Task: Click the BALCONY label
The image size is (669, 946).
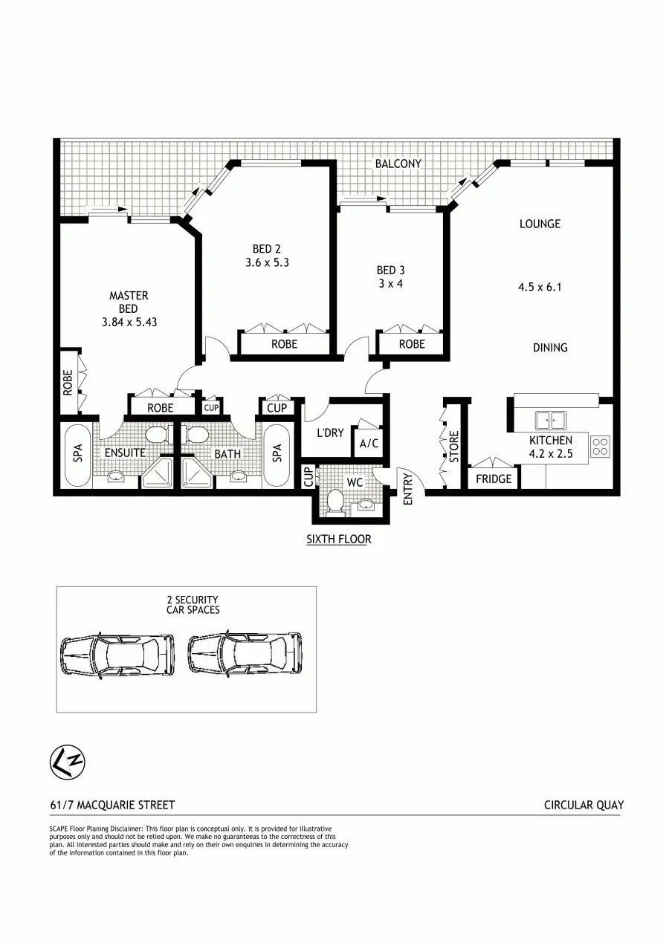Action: coord(398,163)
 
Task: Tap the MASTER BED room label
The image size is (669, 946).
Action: coord(129,302)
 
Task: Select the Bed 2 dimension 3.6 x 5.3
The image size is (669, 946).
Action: coord(267,262)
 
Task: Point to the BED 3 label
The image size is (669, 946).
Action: coord(390,270)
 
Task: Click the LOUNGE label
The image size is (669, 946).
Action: coord(540,224)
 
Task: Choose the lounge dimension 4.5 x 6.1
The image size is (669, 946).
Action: coord(540,286)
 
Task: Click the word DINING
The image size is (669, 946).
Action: coord(550,347)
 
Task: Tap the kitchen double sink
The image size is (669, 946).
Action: coord(551,421)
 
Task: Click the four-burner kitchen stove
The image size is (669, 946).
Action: coord(600,446)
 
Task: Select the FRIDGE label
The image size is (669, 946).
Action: coord(494,479)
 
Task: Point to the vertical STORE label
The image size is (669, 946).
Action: coord(454,445)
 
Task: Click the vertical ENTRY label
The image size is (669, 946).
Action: coord(407,488)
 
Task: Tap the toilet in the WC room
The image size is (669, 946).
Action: coord(334,502)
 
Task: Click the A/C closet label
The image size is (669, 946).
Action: coord(369,444)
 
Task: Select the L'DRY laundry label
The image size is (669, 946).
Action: coord(330,432)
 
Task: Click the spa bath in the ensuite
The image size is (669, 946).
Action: coord(77,455)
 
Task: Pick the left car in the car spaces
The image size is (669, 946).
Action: coord(117,654)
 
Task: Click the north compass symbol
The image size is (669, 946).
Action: coord(68,762)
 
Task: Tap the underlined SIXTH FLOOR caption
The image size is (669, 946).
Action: coord(338,539)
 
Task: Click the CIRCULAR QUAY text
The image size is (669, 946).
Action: coord(584,805)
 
